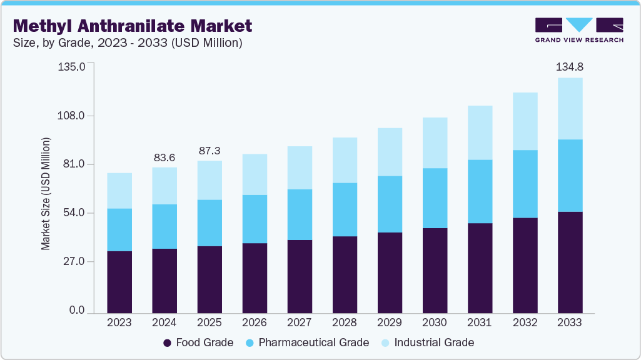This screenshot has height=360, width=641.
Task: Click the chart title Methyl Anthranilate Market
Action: coord(133,26)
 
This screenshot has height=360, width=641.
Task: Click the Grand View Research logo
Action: coord(579,29)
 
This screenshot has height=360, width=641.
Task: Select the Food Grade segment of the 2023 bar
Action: coord(119,282)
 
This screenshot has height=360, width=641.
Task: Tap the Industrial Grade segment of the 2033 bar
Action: coord(570,109)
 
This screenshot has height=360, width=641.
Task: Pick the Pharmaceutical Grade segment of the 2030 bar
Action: coord(435,198)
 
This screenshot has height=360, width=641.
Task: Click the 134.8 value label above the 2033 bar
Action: coord(570,67)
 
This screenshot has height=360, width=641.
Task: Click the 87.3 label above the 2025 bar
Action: coord(209,151)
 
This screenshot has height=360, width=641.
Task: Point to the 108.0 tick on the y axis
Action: coord(72,116)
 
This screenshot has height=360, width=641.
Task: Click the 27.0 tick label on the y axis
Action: coord(74,261)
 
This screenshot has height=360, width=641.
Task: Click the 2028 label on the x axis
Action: coord(345,322)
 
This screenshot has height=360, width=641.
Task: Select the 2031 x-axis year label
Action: coord(480,322)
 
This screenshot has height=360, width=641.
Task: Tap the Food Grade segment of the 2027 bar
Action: coord(300,276)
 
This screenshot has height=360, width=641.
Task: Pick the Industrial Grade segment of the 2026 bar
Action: coord(255,174)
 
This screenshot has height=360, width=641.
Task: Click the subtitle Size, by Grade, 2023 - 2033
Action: coord(128,43)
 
